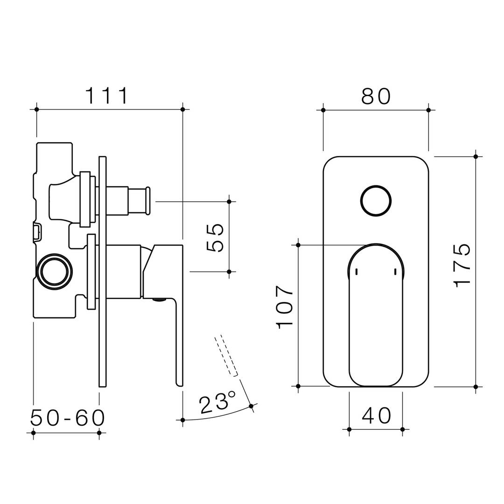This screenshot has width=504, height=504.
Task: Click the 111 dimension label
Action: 106,96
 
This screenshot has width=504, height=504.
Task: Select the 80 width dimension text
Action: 376,96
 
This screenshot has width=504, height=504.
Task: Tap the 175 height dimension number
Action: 462,265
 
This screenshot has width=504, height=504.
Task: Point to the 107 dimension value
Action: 284,307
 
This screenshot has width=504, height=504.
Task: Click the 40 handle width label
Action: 376,415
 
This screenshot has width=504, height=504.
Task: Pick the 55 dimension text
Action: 215,238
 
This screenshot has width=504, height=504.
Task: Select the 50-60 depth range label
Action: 68,418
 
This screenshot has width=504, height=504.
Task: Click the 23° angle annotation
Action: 217,403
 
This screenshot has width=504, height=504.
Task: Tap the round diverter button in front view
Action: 376,201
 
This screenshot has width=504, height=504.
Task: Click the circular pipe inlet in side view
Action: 55,272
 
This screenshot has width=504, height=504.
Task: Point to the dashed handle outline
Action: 226,356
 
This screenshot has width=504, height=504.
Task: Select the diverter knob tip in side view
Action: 148,201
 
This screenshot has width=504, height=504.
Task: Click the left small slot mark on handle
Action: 357,272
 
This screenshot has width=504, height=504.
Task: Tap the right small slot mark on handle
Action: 395,272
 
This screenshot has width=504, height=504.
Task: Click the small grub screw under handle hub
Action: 159,300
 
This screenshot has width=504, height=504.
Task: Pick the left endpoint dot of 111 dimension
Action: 36,109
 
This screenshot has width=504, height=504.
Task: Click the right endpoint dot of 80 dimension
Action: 428,110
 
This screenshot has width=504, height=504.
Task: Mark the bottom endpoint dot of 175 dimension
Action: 476,386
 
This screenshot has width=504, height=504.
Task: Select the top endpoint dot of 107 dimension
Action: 298,245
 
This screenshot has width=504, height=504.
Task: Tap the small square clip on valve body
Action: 36,232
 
